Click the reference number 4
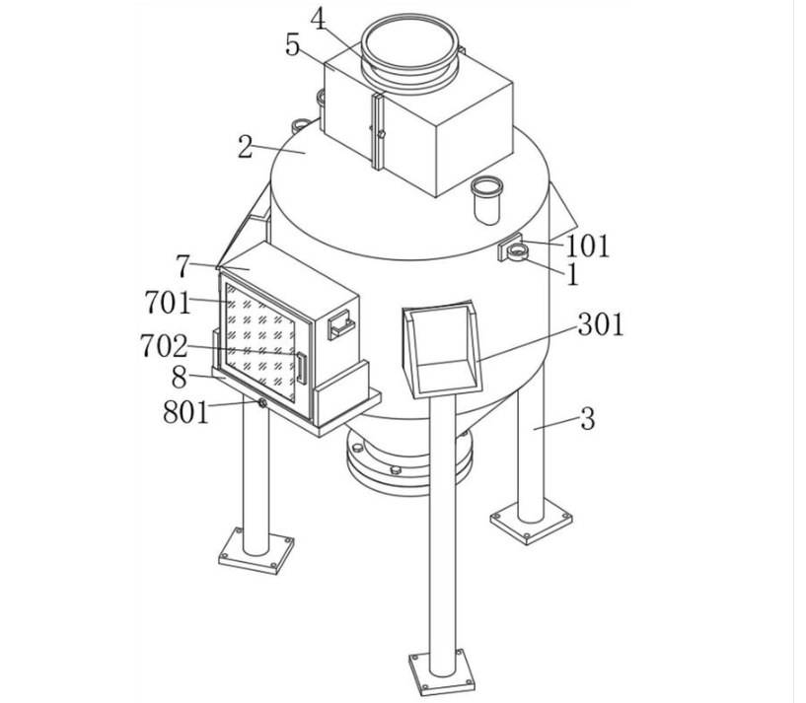[319, 21]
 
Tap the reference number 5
[292, 44]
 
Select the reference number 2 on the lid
[246, 147]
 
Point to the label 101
[587, 246]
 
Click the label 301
[601, 324]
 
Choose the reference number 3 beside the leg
[588, 419]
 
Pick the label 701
[168, 302]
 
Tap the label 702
[164, 346]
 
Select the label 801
[186, 411]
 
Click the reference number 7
[183, 266]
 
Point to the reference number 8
[179, 378]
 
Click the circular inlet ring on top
[409, 49]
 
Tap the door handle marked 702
[301, 369]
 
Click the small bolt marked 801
[262, 403]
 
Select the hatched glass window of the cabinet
[261, 342]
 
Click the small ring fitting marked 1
[517, 252]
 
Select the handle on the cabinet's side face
[341, 324]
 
